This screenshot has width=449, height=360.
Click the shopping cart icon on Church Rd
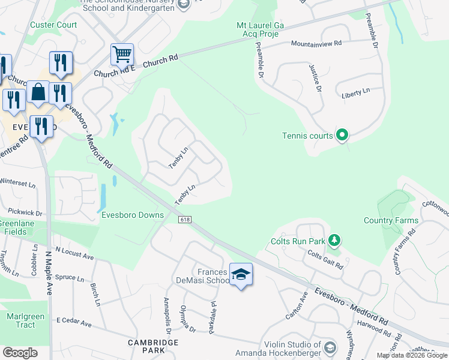122,55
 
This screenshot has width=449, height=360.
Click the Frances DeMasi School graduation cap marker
241,274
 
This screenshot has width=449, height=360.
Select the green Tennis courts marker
342,136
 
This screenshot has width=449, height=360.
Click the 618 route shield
184,220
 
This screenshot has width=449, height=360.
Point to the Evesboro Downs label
132,215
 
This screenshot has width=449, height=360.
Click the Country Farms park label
391,220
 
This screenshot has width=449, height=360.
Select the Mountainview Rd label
316,44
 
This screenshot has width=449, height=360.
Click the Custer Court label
53,25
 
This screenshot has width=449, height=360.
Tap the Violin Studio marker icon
330,347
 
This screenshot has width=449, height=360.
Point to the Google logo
20,353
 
